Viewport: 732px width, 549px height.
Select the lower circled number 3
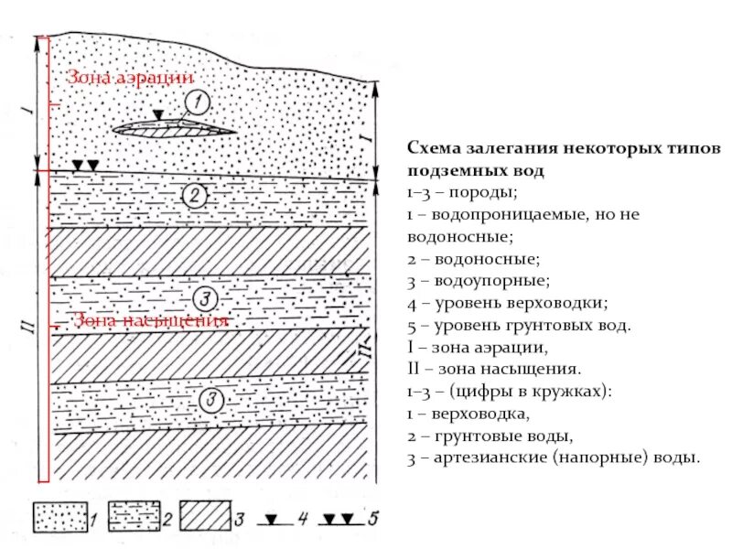(x=211, y=399)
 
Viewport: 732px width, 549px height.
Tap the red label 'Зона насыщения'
(x=150, y=321)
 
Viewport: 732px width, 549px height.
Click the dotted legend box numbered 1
(x=61, y=517)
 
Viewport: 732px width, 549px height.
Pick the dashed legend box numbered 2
(x=135, y=517)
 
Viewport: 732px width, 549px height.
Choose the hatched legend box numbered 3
(x=206, y=517)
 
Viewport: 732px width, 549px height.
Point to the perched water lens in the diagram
(x=174, y=129)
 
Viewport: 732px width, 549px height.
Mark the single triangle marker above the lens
(x=159, y=115)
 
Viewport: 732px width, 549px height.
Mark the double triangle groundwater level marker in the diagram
(x=84, y=165)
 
